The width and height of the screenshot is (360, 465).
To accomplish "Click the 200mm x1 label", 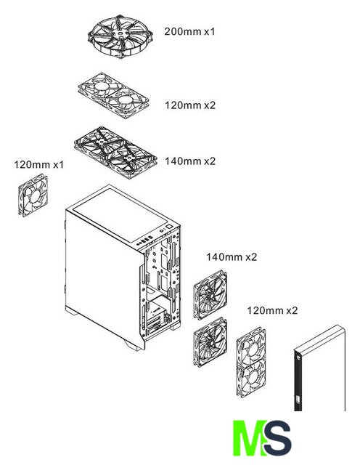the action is tap(189, 31).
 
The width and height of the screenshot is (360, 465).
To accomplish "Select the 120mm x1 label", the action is tap(38, 164).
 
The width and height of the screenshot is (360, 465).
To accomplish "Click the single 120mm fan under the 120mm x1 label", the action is tap(33, 195).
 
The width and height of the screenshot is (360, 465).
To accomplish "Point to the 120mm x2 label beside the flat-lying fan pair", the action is tap(190, 105).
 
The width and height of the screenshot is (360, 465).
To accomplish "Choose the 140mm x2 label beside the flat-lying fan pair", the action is tap(190, 161).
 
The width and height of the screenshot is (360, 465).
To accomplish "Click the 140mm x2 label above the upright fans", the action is tap(232, 256).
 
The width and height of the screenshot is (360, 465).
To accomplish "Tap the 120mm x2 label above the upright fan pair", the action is tap(272, 310).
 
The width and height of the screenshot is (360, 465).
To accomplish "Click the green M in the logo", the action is tap(248, 437).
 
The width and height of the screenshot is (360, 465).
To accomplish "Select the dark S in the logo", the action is tap(278, 437).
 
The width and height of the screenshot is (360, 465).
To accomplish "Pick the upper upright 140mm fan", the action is tap(210, 294).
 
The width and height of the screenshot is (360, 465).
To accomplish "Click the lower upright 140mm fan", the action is tap(210, 342).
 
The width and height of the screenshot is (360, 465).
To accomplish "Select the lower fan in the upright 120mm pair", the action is tap(251, 377).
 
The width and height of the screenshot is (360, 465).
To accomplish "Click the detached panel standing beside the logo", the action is tap(319, 368).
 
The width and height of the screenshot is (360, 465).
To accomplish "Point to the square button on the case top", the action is tap(169, 227).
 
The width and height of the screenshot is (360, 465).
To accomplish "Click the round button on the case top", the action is tap(162, 230).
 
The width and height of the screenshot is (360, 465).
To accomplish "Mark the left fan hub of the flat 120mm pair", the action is tap(101, 86).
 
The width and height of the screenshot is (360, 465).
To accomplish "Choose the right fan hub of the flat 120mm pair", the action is tap(125, 100).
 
